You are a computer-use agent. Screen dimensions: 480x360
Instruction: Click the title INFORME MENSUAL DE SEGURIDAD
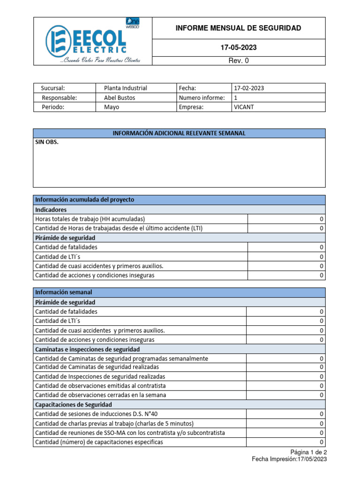coord(238,29)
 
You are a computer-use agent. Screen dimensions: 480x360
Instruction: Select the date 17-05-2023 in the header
coord(239,48)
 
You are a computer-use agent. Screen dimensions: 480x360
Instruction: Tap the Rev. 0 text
coord(239,61)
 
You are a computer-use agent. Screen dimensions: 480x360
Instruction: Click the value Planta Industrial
coord(125,88)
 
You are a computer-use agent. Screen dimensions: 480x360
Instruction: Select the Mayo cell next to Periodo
coord(112,107)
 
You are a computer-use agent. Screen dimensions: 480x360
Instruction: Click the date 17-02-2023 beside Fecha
coord(249,88)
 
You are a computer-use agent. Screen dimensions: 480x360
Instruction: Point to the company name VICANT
coord(244,107)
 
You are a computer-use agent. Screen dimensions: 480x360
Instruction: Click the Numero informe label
coord(202,97)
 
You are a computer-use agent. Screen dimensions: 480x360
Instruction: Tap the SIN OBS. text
coord(47,142)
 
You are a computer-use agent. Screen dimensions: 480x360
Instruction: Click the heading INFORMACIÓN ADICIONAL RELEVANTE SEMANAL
coord(179,134)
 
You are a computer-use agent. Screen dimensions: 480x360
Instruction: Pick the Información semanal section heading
coord(64,292)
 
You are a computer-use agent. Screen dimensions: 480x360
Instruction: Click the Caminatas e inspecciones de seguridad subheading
coord(87,349)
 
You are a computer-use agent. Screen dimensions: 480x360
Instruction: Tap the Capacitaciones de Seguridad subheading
coord(74,405)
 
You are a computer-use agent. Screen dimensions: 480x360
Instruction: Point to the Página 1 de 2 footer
coord(308,452)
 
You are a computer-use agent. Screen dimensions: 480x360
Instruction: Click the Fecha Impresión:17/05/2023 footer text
coord(289,459)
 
